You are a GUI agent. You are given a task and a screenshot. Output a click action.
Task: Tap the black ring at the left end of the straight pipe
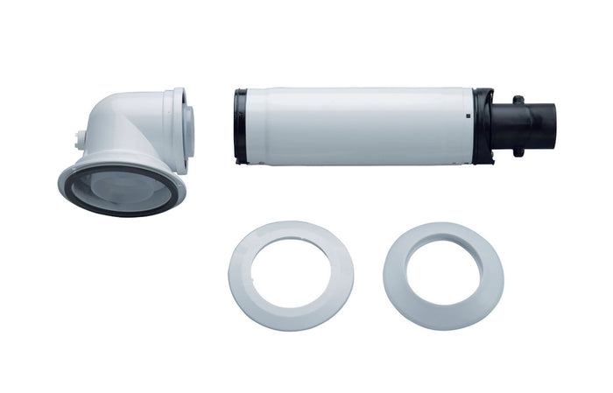tap(240, 124)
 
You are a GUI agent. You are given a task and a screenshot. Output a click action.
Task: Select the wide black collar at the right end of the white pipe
tap(484, 124)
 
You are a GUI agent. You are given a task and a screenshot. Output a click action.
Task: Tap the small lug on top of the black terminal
tap(518, 100)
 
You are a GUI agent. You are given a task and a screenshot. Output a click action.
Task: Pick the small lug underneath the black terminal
tap(518, 151)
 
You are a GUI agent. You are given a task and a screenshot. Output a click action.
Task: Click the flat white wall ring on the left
tap(245, 263)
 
